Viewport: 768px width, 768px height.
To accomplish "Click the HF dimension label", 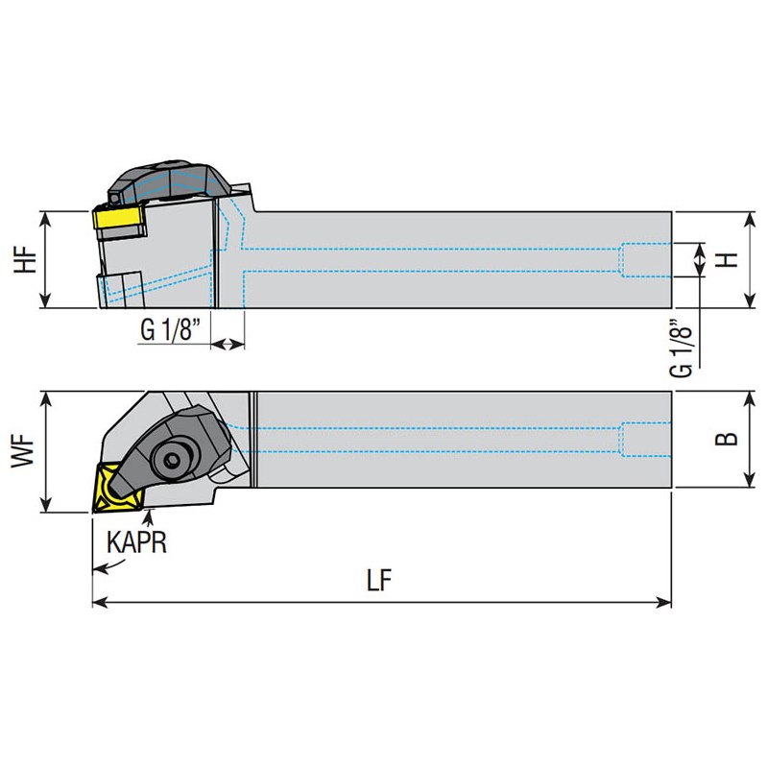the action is pyautogui.click(x=26, y=259).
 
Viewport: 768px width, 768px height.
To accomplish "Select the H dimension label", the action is pyautogui.click(x=729, y=259).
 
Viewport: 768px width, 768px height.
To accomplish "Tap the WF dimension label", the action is pyautogui.click(x=23, y=451).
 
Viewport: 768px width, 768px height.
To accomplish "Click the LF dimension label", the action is pyautogui.click(x=379, y=580).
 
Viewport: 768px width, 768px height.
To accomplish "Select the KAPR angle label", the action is pyautogui.click(x=137, y=542).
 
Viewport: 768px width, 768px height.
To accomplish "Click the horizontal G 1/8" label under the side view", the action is pyautogui.click(x=171, y=329).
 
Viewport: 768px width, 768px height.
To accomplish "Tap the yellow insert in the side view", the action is pyautogui.click(x=118, y=217).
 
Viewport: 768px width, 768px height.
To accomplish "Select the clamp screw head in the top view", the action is pyautogui.click(x=172, y=460).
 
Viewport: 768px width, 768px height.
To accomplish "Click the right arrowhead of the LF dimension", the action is pyautogui.click(x=664, y=603).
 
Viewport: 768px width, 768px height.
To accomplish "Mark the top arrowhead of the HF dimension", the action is pyautogui.click(x=45, y=220).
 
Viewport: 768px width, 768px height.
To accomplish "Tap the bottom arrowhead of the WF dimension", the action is pyautogui.click(x=46, y=506).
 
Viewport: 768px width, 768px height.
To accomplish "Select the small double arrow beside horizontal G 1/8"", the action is pyautogui.click(x=228, y=344).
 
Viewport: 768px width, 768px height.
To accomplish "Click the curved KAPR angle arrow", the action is pyautogui.click(x=108, y=566).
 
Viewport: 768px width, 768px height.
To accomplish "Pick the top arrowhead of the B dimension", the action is pyautogui.click(x=750, y=399).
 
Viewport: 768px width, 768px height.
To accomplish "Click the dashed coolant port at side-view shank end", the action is pyautogui.click(x=645, y=260).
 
